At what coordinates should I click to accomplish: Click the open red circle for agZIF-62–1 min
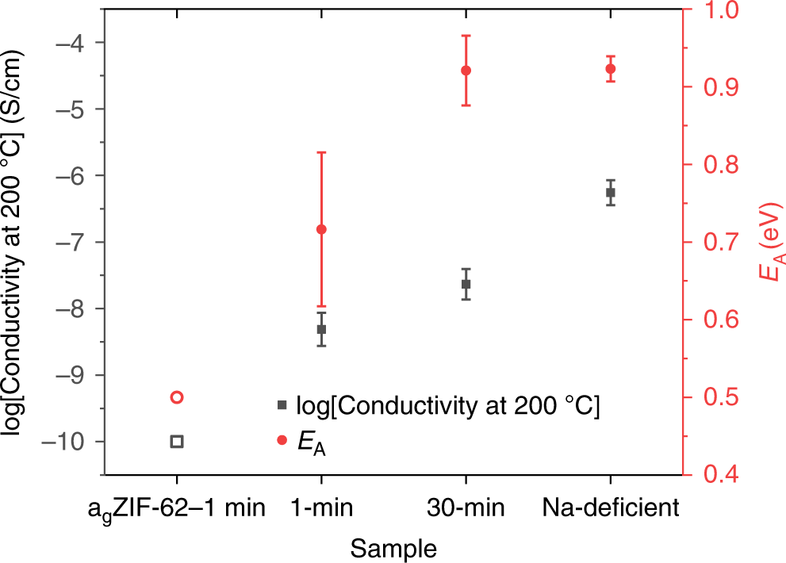point(177,397)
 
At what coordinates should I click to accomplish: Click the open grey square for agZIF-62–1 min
point(177,441)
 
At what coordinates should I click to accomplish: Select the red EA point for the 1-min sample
point(321,229)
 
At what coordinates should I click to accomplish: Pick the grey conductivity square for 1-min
point(321,329)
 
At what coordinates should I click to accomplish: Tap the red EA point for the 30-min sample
point(466,71)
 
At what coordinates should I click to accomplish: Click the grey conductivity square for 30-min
point(466,284)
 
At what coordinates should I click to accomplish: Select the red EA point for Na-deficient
point(610,69)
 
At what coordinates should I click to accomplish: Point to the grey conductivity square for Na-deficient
point(610,193)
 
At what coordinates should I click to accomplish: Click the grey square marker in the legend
point(282,405)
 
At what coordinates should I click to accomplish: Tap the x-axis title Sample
point(393,548)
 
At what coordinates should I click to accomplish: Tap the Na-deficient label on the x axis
point(610,507)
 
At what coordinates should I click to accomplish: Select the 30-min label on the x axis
point(466,507)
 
